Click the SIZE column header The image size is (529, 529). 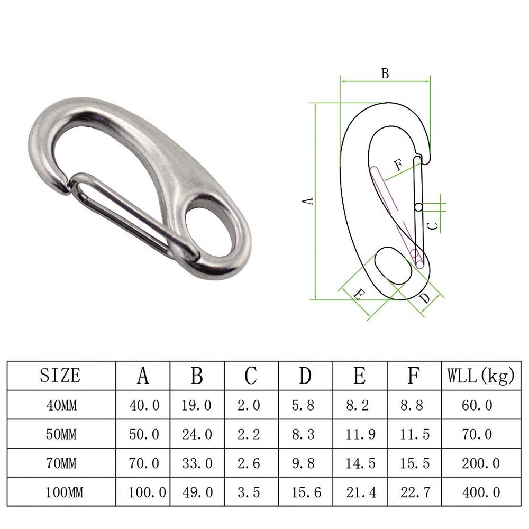point(60,376)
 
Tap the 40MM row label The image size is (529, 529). point(60,405)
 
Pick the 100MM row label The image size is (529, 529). point(60,492)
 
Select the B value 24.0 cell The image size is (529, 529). point(197,434)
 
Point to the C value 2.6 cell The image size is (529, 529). point(250,463)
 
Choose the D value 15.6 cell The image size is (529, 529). point(306,492)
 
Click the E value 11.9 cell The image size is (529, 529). point(359,434)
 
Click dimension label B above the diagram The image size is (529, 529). point(385,74)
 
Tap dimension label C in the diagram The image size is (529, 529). point(432,225)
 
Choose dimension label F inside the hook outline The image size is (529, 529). point(398,165)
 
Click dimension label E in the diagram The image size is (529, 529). point(358,295)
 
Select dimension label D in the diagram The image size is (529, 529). point(425,298)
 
